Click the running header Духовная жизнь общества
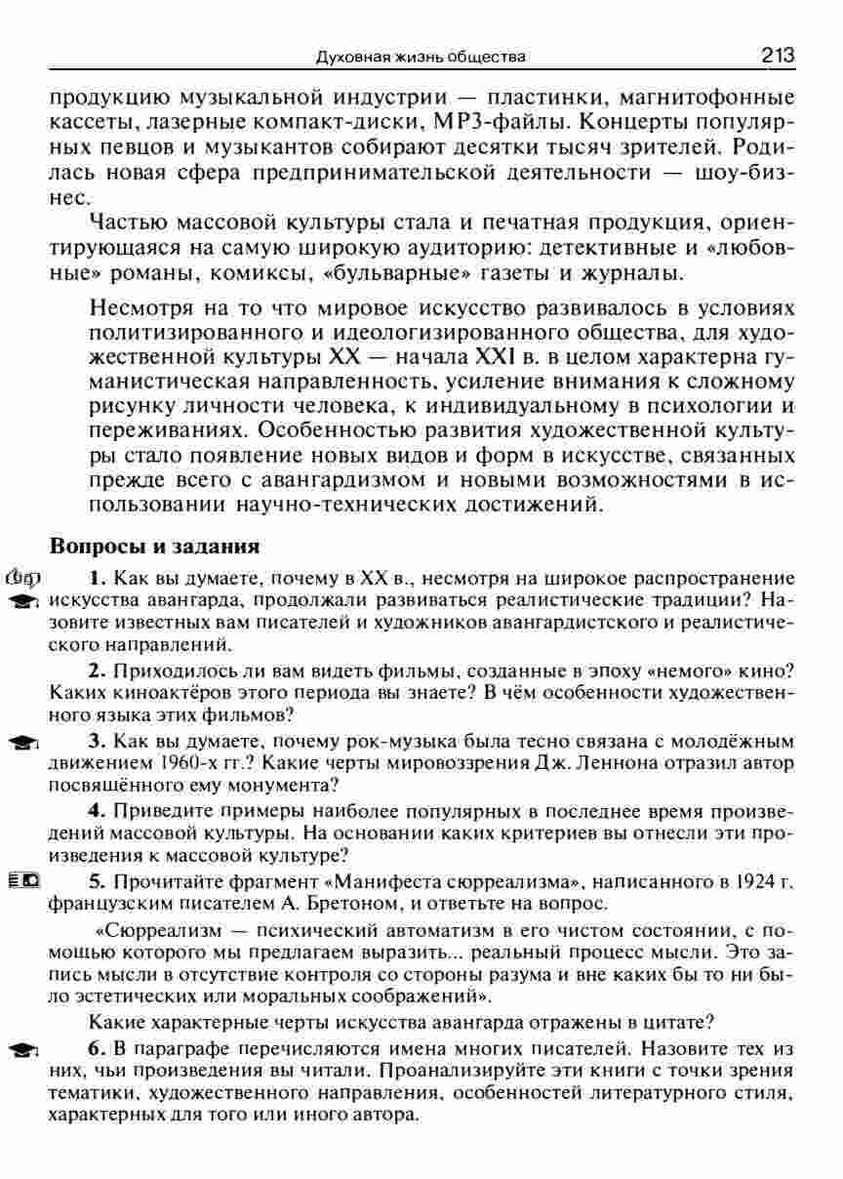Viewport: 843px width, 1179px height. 421,58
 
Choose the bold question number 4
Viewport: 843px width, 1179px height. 96,810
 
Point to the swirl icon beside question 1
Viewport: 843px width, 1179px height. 21,577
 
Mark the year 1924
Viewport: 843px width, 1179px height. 760,880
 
